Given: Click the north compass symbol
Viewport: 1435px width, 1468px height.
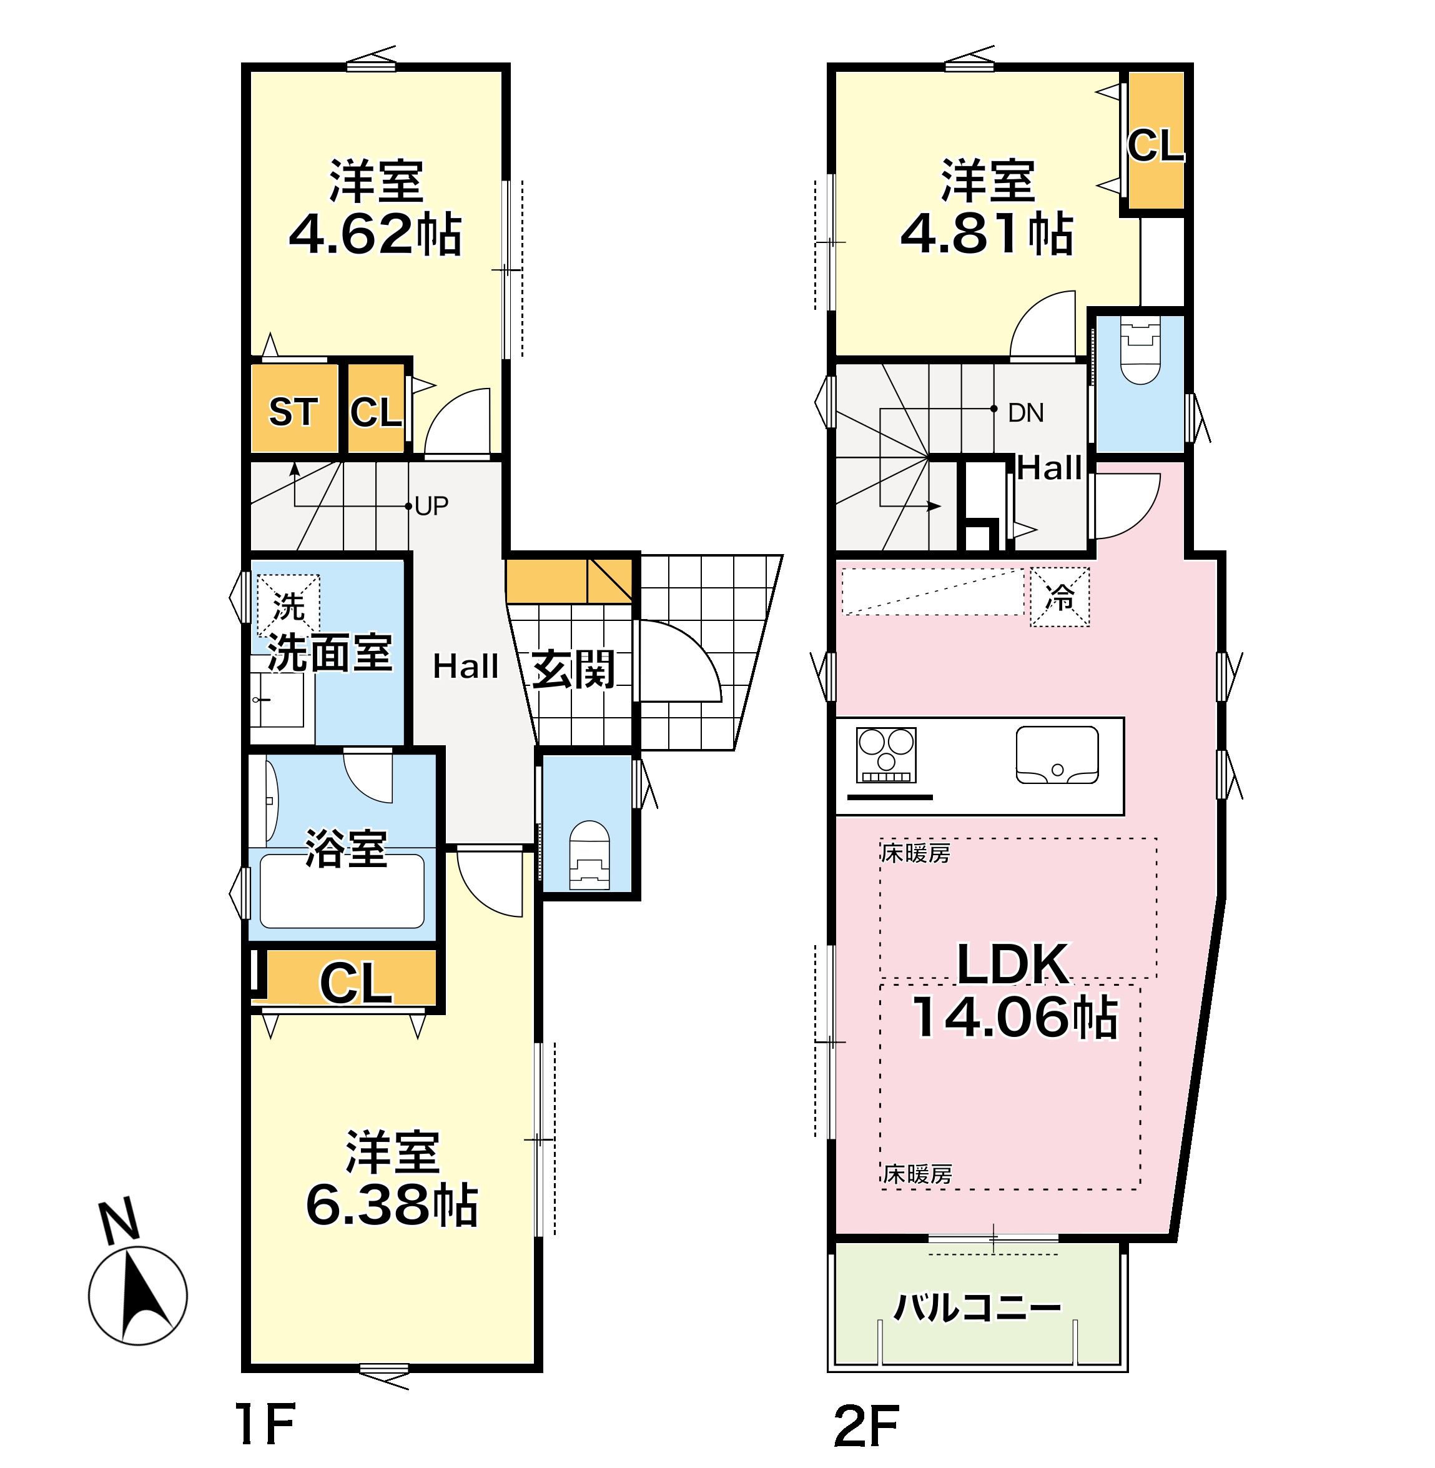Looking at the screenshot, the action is (x=137, y=1296).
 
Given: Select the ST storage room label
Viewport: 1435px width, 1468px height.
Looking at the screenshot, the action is (x=293, y=412).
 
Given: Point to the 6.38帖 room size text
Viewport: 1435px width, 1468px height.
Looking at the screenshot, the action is (x=392, y=1204).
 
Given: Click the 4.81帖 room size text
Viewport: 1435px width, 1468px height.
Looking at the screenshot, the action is (x=987, y=234).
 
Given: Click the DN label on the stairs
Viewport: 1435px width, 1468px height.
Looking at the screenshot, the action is (x=1026, y=412).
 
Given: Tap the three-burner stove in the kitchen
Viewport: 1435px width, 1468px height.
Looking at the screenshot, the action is (x=886, y=755).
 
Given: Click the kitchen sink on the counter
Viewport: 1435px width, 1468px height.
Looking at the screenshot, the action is (x=1057, y=755).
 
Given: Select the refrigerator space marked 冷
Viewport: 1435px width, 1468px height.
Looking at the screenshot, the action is (x=1060, y=597).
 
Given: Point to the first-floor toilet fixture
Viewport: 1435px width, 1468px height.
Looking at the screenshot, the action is (x=589, y=855).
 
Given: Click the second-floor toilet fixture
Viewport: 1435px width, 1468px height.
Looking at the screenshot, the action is (x=1140, y=350).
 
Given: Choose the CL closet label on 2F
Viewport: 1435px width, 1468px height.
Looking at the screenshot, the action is (x=1155, y=145).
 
